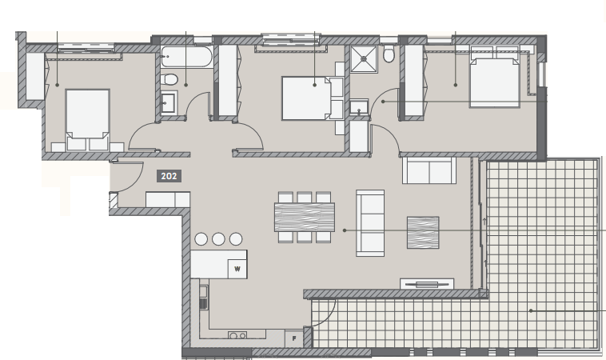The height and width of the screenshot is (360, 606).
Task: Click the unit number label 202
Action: (x=169, y=176)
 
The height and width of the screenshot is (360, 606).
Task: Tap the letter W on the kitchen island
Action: (x=237, y=269)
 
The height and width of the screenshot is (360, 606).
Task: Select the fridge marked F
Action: (x=294, y=338)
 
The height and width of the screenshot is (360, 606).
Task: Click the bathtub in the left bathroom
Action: (x=186, y=57)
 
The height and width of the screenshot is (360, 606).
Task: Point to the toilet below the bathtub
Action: (x=169, y=79)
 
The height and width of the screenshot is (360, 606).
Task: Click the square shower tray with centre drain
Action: (x=363, y=58)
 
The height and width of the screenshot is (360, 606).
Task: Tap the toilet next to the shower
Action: (x=389, y=54)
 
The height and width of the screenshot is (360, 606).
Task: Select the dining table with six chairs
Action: (x=304, y=218)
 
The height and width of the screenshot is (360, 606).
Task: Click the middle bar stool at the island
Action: (x=218, y=239)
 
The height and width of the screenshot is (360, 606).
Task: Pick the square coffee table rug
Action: (x=423, y=232)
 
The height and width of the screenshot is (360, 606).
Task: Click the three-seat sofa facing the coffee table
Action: (x=370, y=223)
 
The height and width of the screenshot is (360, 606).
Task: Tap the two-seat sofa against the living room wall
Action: (x=429, y=170)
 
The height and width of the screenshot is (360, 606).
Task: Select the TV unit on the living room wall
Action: (x=427, y=284)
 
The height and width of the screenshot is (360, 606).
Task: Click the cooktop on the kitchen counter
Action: (x=237, y=335)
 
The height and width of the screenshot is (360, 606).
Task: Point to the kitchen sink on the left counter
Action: (x=203, y=297)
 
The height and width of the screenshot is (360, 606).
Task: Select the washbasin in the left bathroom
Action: (x=168, y=102)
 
